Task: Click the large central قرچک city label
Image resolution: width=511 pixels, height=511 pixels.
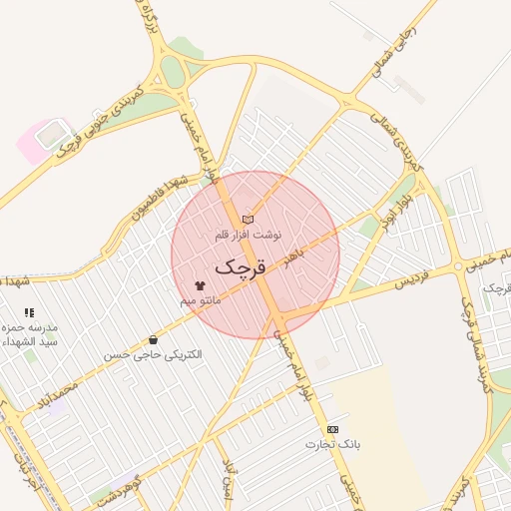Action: point(242,266)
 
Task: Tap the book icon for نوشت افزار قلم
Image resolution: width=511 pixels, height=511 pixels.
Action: point(248,220)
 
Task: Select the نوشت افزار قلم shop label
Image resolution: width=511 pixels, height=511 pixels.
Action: point(249,235)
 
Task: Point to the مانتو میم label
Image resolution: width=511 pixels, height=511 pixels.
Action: point(200,299)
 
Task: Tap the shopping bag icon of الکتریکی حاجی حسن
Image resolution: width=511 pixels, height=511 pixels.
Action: point(153,339)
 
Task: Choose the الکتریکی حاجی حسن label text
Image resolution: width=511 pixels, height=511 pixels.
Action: point(153,354)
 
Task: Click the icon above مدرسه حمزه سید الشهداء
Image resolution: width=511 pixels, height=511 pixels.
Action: point(28,312)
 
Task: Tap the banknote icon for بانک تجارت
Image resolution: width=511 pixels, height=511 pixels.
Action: point(332,428)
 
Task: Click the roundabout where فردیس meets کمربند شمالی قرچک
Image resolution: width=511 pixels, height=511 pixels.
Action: point(465,266)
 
